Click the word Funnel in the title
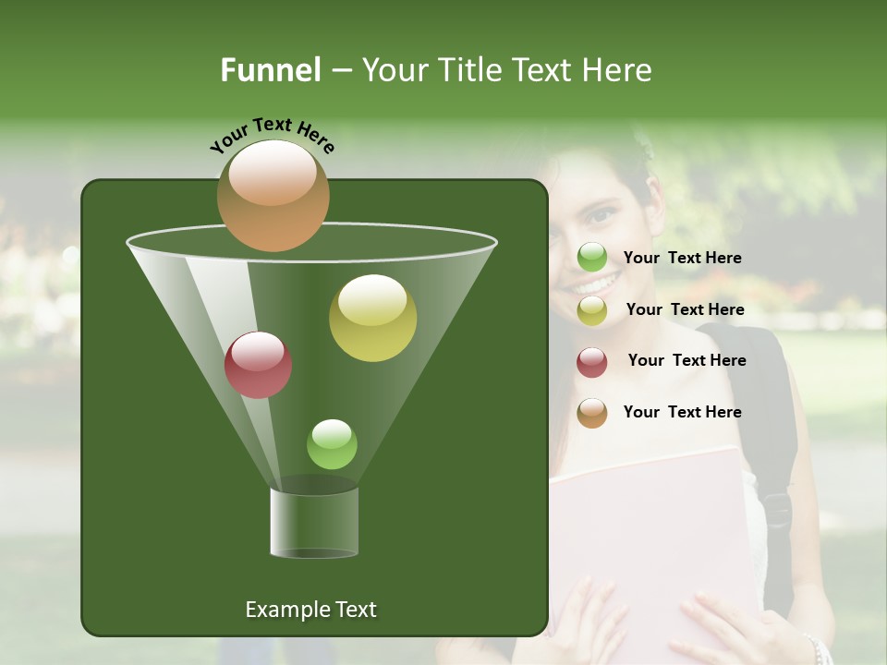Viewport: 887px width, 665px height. point(270,70)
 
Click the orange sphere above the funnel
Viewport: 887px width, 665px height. point(273,196)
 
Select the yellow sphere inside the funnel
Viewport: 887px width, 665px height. point(372,318)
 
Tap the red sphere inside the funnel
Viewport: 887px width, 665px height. point(258,365)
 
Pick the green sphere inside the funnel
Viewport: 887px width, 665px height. point(332,444)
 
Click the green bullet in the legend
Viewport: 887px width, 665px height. point(592,258)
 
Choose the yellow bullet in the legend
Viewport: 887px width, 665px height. point(592,310)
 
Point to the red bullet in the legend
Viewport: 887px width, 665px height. point(592,362)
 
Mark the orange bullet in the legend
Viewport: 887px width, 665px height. point(592,413)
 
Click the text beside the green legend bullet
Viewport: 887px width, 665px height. point(682,259)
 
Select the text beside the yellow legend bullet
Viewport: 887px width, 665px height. point(685,310)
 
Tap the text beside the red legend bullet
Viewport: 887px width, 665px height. point(687,361)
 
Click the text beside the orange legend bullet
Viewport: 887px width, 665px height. point(682,413)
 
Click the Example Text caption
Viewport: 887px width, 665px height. point(310,610)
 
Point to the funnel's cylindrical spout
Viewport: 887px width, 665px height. point(314,522)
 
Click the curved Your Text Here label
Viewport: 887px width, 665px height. point(272,134)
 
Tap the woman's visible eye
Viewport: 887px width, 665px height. point(601,215)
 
